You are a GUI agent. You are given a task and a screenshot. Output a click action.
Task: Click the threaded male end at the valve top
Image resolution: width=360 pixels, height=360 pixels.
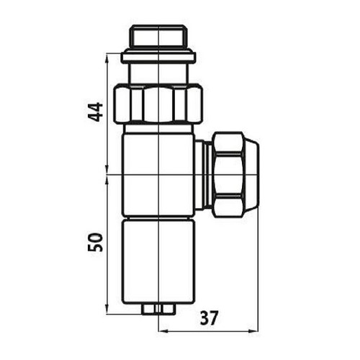pyautogui.click(x=156, y=37)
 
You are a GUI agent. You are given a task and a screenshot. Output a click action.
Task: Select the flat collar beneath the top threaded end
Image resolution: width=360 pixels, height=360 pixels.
pyautogui.click(x=156, y=55)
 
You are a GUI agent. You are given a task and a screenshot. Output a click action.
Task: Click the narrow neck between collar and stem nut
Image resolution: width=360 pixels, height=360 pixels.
pyautogui.click(x=156, y=72)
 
